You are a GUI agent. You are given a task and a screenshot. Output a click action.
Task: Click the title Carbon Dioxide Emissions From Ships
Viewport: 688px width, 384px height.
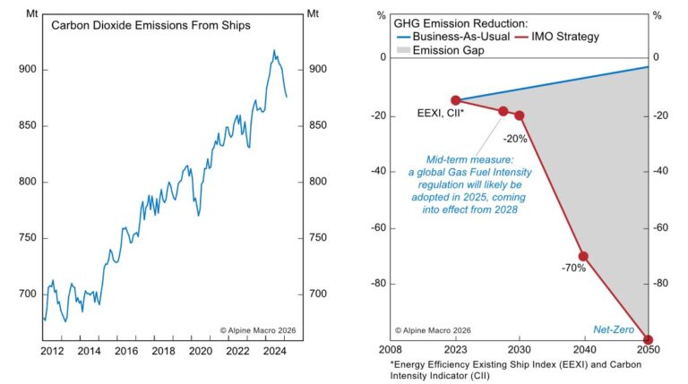(150, 26)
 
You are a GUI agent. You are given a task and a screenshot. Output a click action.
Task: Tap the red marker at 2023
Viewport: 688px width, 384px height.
(455, 100)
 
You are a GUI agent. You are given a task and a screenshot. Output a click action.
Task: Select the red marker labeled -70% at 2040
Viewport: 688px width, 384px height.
(583, 256)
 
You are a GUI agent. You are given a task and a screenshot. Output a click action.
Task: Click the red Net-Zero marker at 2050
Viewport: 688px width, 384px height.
(648, 340)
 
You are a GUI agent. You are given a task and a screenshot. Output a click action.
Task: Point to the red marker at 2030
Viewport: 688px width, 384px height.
(519, 115)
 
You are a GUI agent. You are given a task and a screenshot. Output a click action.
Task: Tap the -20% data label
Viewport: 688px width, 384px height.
(514, 139)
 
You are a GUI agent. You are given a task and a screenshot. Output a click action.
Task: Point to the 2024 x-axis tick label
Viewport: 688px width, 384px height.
(267, 351)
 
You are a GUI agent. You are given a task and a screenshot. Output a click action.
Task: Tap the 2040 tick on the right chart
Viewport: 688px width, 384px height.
(583, 351)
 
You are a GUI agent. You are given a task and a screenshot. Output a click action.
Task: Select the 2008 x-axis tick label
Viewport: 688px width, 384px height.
(391, 351)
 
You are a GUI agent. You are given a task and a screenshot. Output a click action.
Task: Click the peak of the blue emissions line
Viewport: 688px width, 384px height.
(274, 51)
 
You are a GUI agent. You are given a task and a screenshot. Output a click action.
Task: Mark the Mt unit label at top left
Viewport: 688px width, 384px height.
(28, 13)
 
